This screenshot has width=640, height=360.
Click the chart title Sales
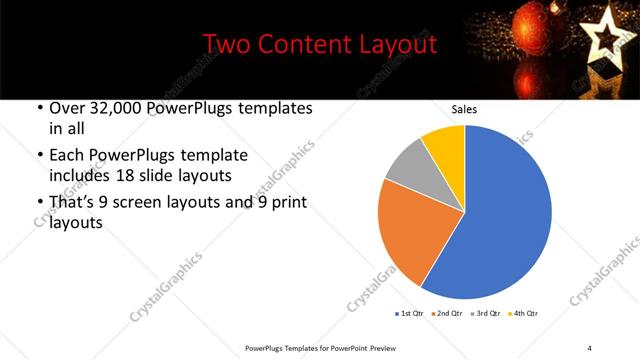click(464, 109)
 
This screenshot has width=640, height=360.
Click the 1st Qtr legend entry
click(410, 314)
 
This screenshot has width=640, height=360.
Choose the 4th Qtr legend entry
click(523, 314)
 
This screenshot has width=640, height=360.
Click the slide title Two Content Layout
click(319, 45)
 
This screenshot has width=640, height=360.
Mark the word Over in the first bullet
click(66, 109)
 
